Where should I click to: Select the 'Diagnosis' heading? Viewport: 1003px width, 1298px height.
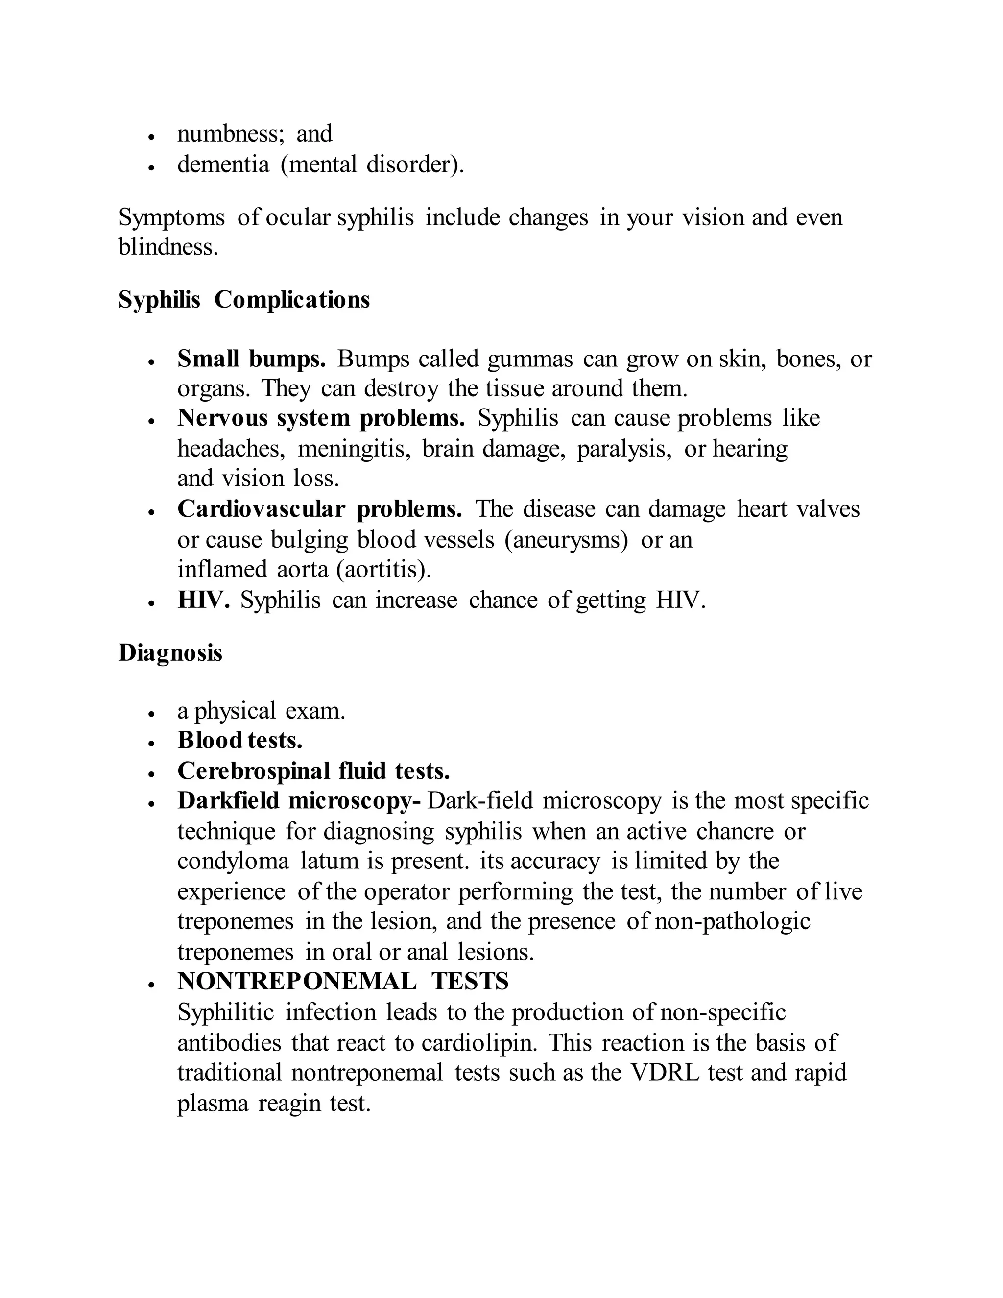(170, 652)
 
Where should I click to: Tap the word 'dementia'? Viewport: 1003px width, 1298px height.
(223, 164)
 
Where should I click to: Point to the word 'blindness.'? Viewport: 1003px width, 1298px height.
(168, 247)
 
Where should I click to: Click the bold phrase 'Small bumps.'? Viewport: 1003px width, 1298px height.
(251, 359)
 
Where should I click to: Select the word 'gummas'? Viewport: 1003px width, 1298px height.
(530, 359)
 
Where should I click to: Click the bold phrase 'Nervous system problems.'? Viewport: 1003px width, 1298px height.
(321, 418)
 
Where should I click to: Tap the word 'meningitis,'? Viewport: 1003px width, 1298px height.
(354, 449)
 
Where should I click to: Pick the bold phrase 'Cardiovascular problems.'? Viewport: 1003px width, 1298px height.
(320, 509)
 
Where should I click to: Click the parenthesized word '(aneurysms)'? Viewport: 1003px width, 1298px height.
(566, 540)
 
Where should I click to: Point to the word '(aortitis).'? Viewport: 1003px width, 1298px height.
(383, 569)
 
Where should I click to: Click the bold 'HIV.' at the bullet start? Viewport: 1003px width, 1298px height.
(203, 601)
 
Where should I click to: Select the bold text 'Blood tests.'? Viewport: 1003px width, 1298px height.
(240, 741)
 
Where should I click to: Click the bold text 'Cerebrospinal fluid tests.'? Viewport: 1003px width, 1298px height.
(313, 771)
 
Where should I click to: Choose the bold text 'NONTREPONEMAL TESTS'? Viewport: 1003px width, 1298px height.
(343, 981)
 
